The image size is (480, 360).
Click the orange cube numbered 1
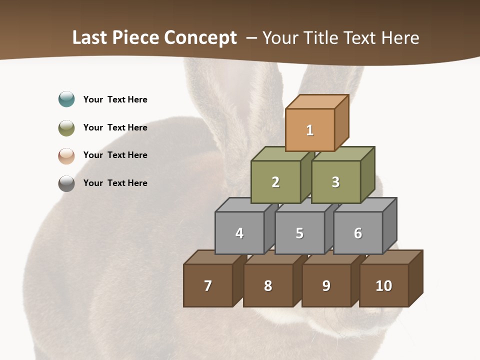coord(310,130)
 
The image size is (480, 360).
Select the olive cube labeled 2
coord(275,182)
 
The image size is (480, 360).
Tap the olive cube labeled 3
coord(335,182)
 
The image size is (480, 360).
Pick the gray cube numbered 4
coord(239,233)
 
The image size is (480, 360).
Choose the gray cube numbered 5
coord(299,233)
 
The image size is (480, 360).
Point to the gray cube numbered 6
coord(358,233)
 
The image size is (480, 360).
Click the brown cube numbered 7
coord(208,285)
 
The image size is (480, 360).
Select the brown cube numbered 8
coord(268,285)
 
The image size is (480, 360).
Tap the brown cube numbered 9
coord(326,285)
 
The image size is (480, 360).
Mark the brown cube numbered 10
coord(384,285)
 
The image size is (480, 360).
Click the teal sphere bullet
coord(66,99)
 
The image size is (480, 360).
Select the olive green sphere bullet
coord(66,128)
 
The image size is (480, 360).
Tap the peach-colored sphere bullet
coord(66,156)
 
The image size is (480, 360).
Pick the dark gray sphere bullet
coord(66,183)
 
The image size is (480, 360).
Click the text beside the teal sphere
coord(115,99)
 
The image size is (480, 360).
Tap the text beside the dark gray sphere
coord(115,183)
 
